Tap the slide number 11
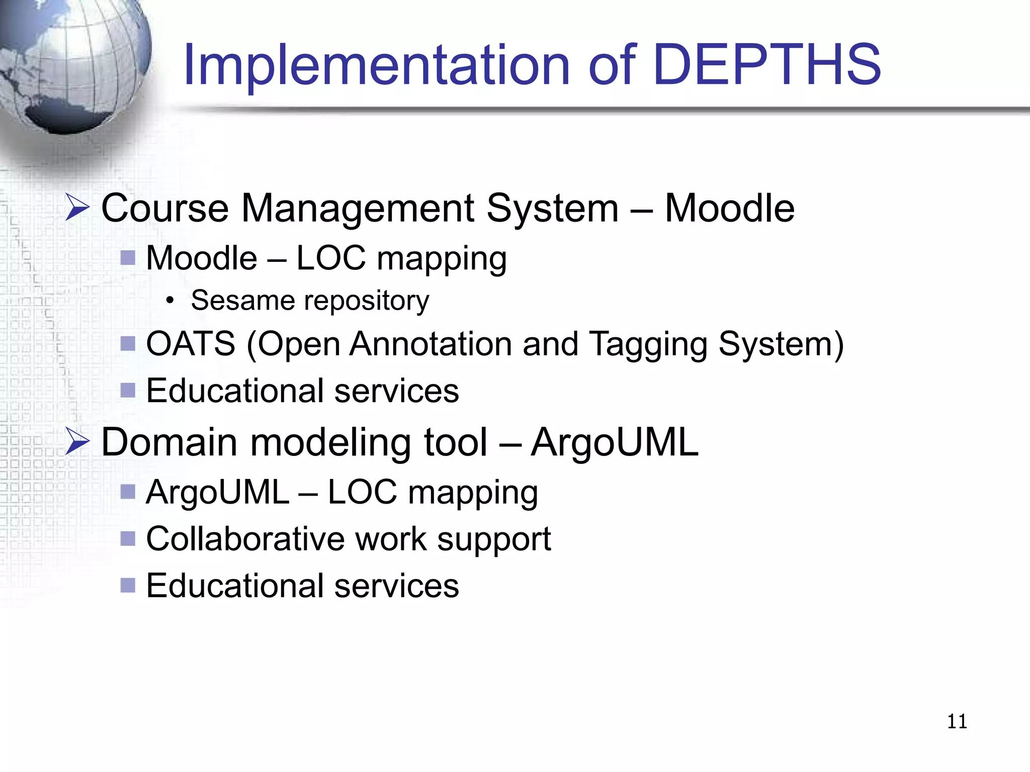point(957,722)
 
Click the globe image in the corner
point(70,65)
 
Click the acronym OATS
point(191,344)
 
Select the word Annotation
point(431,344)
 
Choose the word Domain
point(169,442)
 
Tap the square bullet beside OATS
point(128,344)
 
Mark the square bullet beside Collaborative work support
point(128,539)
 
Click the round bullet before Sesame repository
point(170,301)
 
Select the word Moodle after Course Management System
point(729,208)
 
